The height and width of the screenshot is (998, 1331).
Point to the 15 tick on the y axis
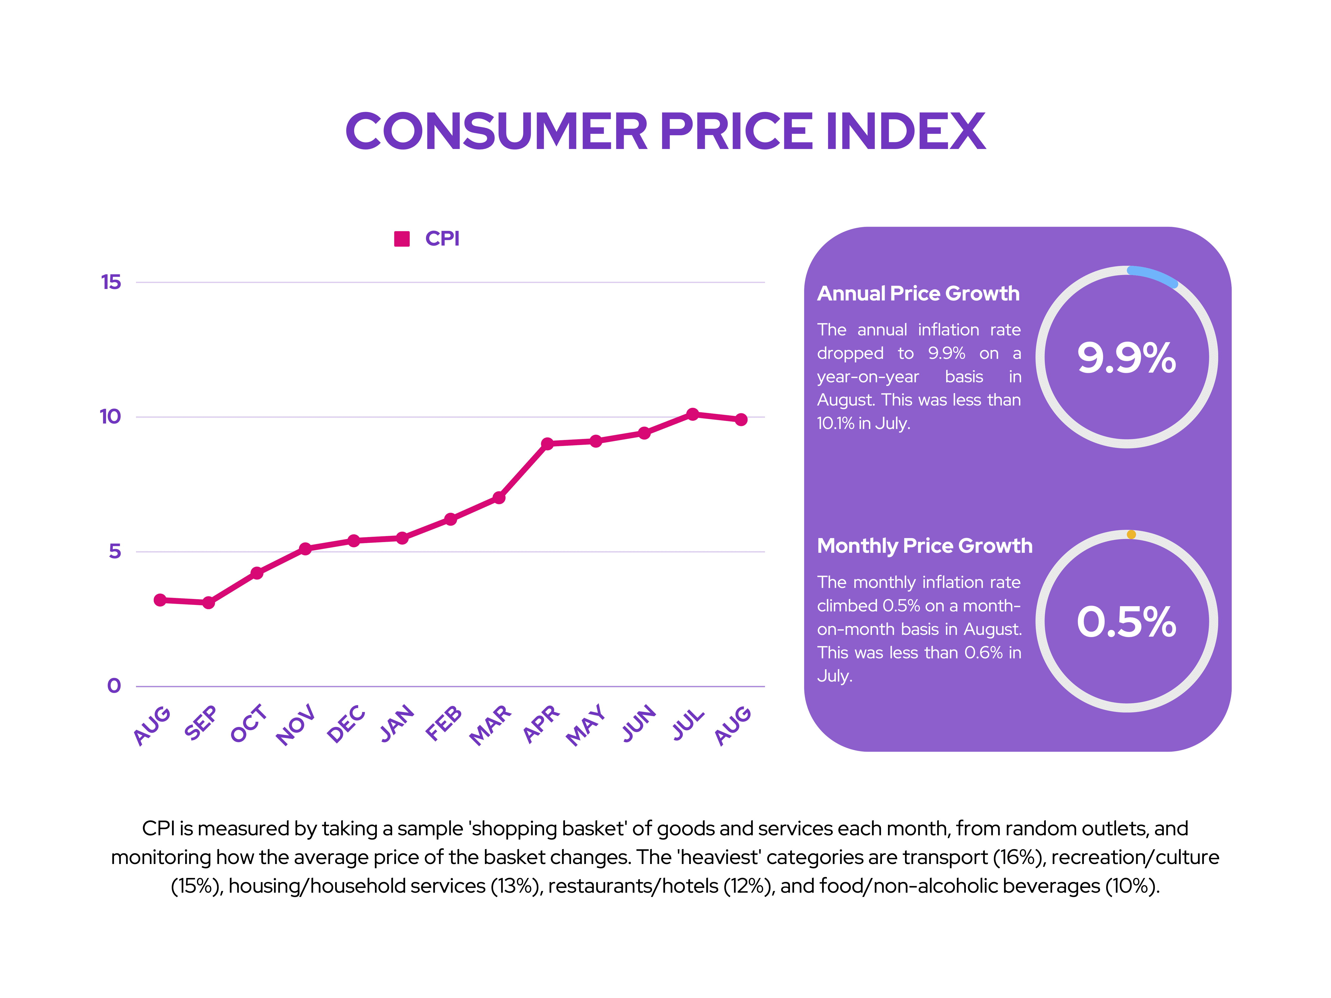point(111,282)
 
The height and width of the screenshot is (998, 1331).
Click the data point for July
point(693,414)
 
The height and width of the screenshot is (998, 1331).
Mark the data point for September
point(208,602)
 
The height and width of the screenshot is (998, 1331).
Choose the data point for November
point(305,549)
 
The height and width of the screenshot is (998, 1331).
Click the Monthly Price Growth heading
point(924,546)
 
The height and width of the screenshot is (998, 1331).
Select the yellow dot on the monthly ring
point(1131,534)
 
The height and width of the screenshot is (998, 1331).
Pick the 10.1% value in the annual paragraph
point(835,424)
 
